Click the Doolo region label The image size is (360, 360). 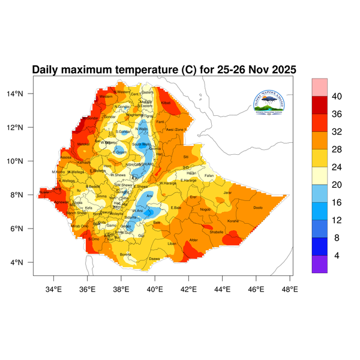pyautogui.click(x=258, y=208)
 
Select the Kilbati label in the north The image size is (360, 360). pyautogui.click(x=166, y=103)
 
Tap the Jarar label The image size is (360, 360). pyautogui.click(x=227, y=193)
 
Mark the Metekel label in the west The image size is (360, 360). pyautogui.click(x=83, y=144)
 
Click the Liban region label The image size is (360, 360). pyautogui.click(x=172, y=244)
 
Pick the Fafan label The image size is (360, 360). pyautogui.click(x=209, y=176)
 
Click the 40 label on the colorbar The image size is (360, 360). pyautogui.click(x=337, y=96)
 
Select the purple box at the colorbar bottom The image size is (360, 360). pyautogui.click(x=319, y=265)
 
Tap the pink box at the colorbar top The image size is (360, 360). pyautogui.click(x=319, y=86)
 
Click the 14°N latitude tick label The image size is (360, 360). pyautogui.click(x=23, y=94)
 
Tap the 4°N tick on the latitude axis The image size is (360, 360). pyautogui.click(x=25, y=262)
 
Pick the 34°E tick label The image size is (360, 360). pyautogui.click(x=54, y=289)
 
